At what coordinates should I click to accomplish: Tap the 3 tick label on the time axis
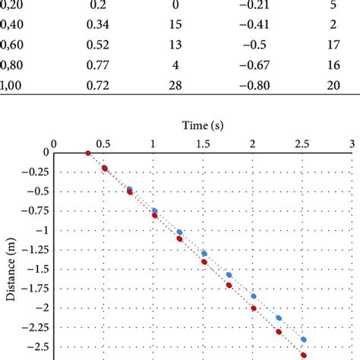[352, 143]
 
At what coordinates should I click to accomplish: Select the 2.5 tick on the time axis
[302, 143]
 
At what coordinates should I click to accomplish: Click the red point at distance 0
[87, 153]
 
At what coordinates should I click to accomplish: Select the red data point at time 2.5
[304, 355]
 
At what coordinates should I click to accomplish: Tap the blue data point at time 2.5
[304, 339]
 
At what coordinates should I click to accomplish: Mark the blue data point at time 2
[254, 296]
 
